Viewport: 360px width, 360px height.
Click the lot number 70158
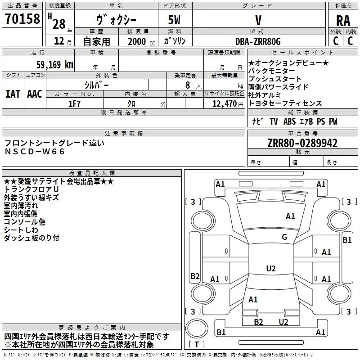pos(22,18)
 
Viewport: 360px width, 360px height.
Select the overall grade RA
pos(343,21)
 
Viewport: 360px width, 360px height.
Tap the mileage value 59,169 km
pos(55,64)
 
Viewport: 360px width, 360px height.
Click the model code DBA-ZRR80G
pos(258,41)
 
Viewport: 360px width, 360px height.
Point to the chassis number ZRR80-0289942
pos(302,143)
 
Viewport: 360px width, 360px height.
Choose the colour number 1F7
pos(74,104)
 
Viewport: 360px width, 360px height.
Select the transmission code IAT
pos(13,94)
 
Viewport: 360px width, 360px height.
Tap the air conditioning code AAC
pos(35,94)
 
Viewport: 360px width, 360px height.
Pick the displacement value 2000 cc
pos(141,41)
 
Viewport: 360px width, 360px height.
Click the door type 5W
pos(174,20)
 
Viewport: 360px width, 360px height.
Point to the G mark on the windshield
pos(284,237)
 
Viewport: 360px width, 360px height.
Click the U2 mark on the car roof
pos(271,268)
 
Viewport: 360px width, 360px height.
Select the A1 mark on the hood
pos(290,216)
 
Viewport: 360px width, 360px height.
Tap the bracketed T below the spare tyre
pos(197,344)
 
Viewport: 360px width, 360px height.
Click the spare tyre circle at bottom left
pos(197,328)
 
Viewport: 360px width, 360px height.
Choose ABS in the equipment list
pos(289,121)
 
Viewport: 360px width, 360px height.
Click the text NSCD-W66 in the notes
pos(35,152)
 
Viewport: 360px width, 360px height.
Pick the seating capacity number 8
pos(188,85)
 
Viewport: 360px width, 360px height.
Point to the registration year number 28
pos(59,24)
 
